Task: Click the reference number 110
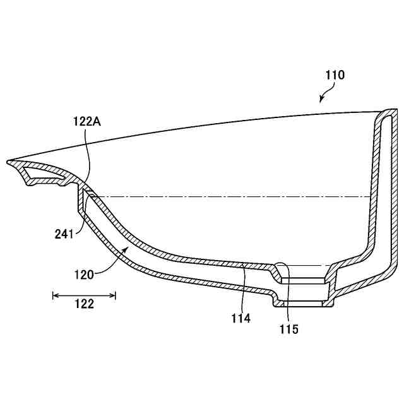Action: coord(335,75)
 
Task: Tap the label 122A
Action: coord(87,121)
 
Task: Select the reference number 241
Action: coord(64,234)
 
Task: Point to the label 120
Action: coord(84,275)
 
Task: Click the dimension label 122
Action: coord(84,304)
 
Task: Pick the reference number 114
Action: coord(241,318)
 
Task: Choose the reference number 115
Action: coord(289,329)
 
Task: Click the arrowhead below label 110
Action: coord(321,100)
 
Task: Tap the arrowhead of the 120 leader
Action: coord(126,248)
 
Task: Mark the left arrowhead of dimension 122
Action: coord(53,295)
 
